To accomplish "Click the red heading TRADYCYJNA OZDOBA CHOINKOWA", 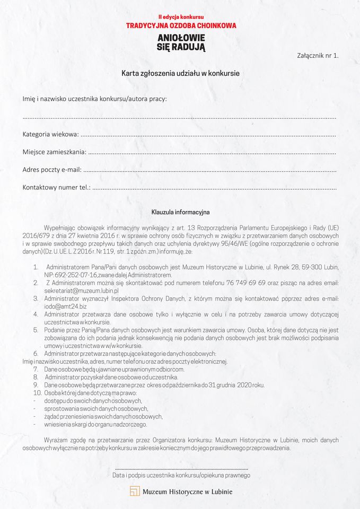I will (181, 25).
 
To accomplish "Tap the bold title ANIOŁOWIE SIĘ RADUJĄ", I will (181, 42).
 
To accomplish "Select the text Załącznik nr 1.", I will (318, 55).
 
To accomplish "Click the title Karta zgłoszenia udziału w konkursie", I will (180, 73).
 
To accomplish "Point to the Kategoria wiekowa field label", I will (50, 135).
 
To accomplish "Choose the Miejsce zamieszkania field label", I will (54, 152).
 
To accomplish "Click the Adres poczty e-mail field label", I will (52, 170).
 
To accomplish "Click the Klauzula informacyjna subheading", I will (180, 212).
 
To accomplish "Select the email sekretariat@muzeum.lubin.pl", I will (81, 291).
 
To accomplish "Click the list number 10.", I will (37, 393).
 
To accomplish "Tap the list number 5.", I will (36, 330).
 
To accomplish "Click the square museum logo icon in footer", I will (135, 491).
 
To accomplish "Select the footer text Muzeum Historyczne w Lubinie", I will (187, 492).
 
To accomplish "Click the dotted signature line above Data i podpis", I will (181, 469).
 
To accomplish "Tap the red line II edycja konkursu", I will (181, 17).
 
